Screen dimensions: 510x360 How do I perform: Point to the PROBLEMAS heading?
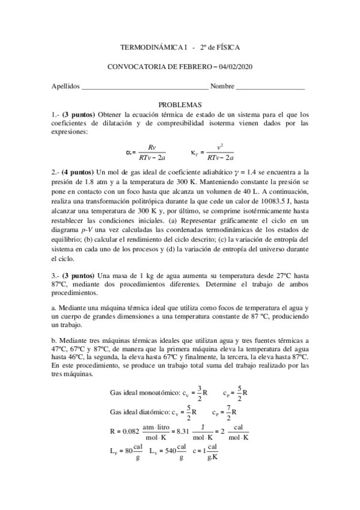(x=180, y=105)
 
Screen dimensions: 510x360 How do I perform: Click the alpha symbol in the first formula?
(x=129, y=153)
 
